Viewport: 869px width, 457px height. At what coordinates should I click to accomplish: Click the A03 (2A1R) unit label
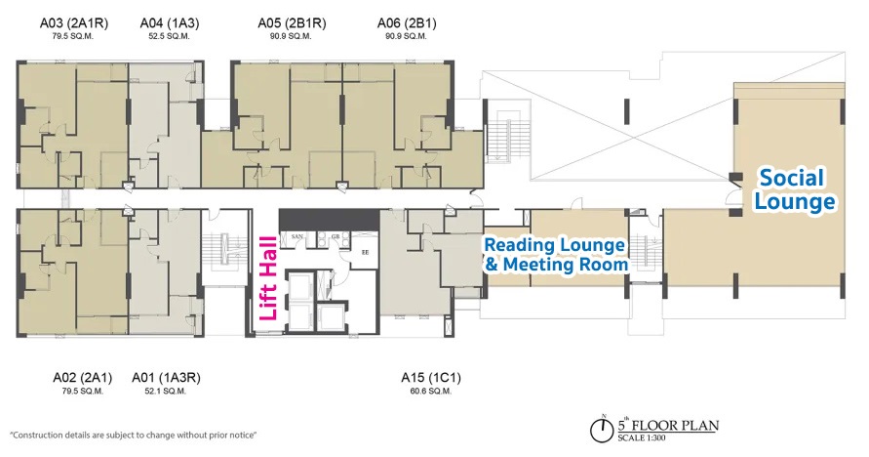coord(74,23)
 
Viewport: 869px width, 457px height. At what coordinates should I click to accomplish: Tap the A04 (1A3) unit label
coord(170,23)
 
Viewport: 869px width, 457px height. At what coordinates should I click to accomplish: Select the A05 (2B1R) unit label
coord(292,23)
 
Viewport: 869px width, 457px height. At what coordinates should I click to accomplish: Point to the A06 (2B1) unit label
coord(407,23)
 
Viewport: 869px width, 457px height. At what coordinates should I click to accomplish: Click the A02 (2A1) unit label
coord(83,378)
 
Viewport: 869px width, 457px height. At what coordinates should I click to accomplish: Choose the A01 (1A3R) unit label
coord(166,378)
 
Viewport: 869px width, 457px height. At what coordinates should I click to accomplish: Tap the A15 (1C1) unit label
coord(431,378)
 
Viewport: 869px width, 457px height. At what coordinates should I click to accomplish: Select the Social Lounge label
coord(795,189)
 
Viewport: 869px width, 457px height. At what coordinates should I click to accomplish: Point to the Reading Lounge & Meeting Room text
coord(556,255)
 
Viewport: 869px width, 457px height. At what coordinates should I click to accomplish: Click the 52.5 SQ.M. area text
coord(170,36)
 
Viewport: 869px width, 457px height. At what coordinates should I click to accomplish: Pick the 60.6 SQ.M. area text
coord(431,391)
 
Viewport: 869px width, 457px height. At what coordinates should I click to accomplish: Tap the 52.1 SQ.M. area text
coord(165,391)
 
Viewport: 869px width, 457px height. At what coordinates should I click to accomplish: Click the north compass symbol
coord(602,430)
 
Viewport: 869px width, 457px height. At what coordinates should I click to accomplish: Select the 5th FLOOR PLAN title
coord(668,426)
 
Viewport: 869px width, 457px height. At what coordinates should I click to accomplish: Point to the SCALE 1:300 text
coord(642,437)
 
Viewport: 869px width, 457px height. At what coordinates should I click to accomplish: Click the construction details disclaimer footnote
coord(134,436)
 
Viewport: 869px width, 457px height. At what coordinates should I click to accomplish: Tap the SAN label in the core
coord(297,236)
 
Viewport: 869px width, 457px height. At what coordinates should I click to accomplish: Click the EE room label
coord(365,252)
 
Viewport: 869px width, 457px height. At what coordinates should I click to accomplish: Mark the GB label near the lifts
coord(336,236)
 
